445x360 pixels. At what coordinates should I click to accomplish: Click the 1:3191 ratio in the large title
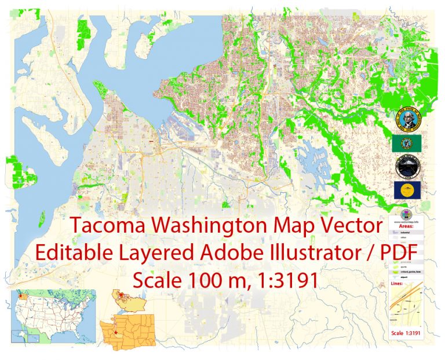287,280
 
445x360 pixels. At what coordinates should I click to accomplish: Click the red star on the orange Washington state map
115,333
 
